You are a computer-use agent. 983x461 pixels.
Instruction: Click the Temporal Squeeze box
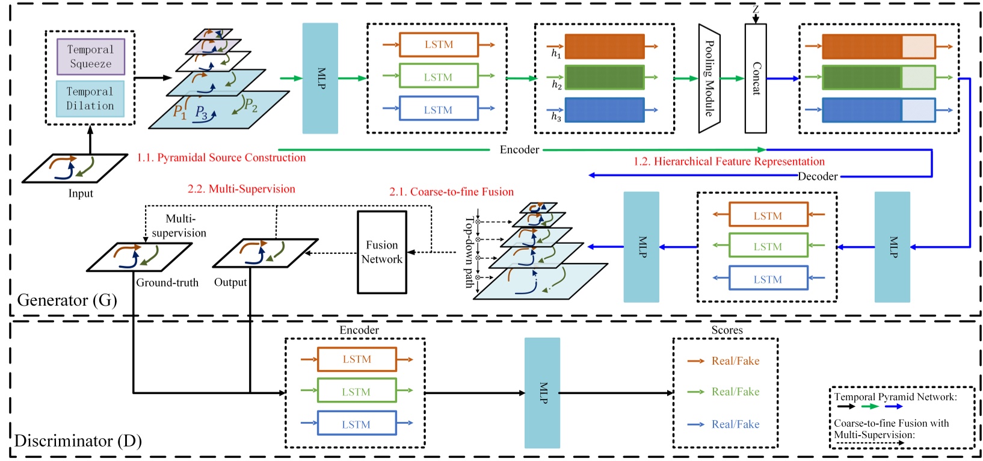(x=91, y=57)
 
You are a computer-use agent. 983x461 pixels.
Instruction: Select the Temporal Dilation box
(x=90, y=99)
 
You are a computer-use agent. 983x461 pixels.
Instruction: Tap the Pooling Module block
(x=709, y=78)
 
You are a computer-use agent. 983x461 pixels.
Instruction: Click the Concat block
(x=756, y=78)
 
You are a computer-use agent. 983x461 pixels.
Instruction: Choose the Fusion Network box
(x=382, y=252)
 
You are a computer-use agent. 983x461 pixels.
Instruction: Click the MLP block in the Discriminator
(x=542, y=392)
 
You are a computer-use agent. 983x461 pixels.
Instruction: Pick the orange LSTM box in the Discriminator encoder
(x=357, y=359)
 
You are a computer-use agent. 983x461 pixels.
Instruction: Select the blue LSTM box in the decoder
(x=768, y=279)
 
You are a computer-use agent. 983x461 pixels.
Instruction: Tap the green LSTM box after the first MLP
(x=438, y=77)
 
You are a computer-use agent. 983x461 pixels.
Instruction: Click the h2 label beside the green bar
(x=556, y=85)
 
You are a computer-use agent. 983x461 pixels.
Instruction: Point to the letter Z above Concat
(x=756, y=9)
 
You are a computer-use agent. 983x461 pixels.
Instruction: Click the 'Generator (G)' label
(x=67, y=300)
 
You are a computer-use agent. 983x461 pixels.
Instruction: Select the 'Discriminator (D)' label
(x=78, y=441)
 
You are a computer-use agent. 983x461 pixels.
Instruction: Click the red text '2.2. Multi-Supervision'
(x=241, y=189)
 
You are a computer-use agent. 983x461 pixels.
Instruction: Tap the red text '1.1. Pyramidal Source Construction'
(x=221, y=158)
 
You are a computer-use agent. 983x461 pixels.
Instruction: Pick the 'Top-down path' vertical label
(x=469, y=252)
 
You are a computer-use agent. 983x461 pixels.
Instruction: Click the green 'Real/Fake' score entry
(x=735, y=392)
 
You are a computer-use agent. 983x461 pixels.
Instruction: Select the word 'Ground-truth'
(x=167, y=282)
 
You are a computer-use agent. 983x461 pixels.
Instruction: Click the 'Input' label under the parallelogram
(x=81, y=193)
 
